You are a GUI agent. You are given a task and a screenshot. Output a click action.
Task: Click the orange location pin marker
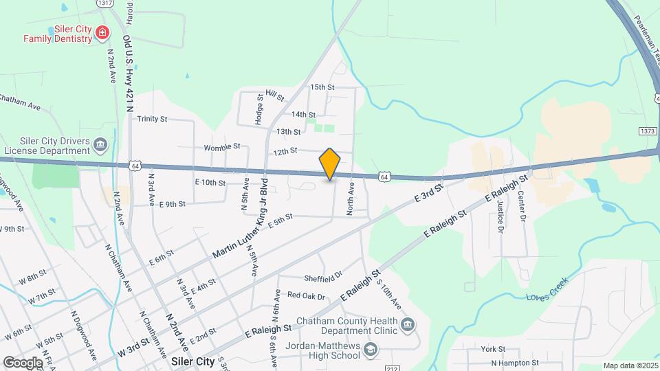click(x=330, y=164)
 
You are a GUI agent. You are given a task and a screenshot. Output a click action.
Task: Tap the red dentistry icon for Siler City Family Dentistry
click(x=102, y=32)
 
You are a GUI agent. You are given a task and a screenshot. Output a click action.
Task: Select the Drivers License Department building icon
click(x=101, y=144)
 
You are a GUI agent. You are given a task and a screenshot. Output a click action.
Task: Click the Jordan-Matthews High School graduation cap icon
click(x=371, y=351)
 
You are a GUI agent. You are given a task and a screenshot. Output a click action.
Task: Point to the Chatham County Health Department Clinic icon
click(x=408, y=324)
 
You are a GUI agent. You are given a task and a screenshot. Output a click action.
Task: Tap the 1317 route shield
click(x=105, y=3)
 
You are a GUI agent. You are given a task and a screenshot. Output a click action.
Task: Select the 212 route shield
click(x=393, y=369)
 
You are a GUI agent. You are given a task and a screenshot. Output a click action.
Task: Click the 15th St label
click(x=322, y=87)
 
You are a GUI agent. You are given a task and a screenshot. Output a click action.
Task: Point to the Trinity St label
click(x=152, y=119)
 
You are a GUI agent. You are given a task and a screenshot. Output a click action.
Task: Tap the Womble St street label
click(x=221, y=146)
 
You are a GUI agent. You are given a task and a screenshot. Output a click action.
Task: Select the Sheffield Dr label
click(x=323, y=278)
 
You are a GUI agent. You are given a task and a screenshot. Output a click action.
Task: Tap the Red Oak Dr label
click(x=306, y=295)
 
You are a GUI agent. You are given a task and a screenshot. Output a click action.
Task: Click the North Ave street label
click(x=351, y=199)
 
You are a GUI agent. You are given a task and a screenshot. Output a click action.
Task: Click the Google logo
click(x=23, y=363)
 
